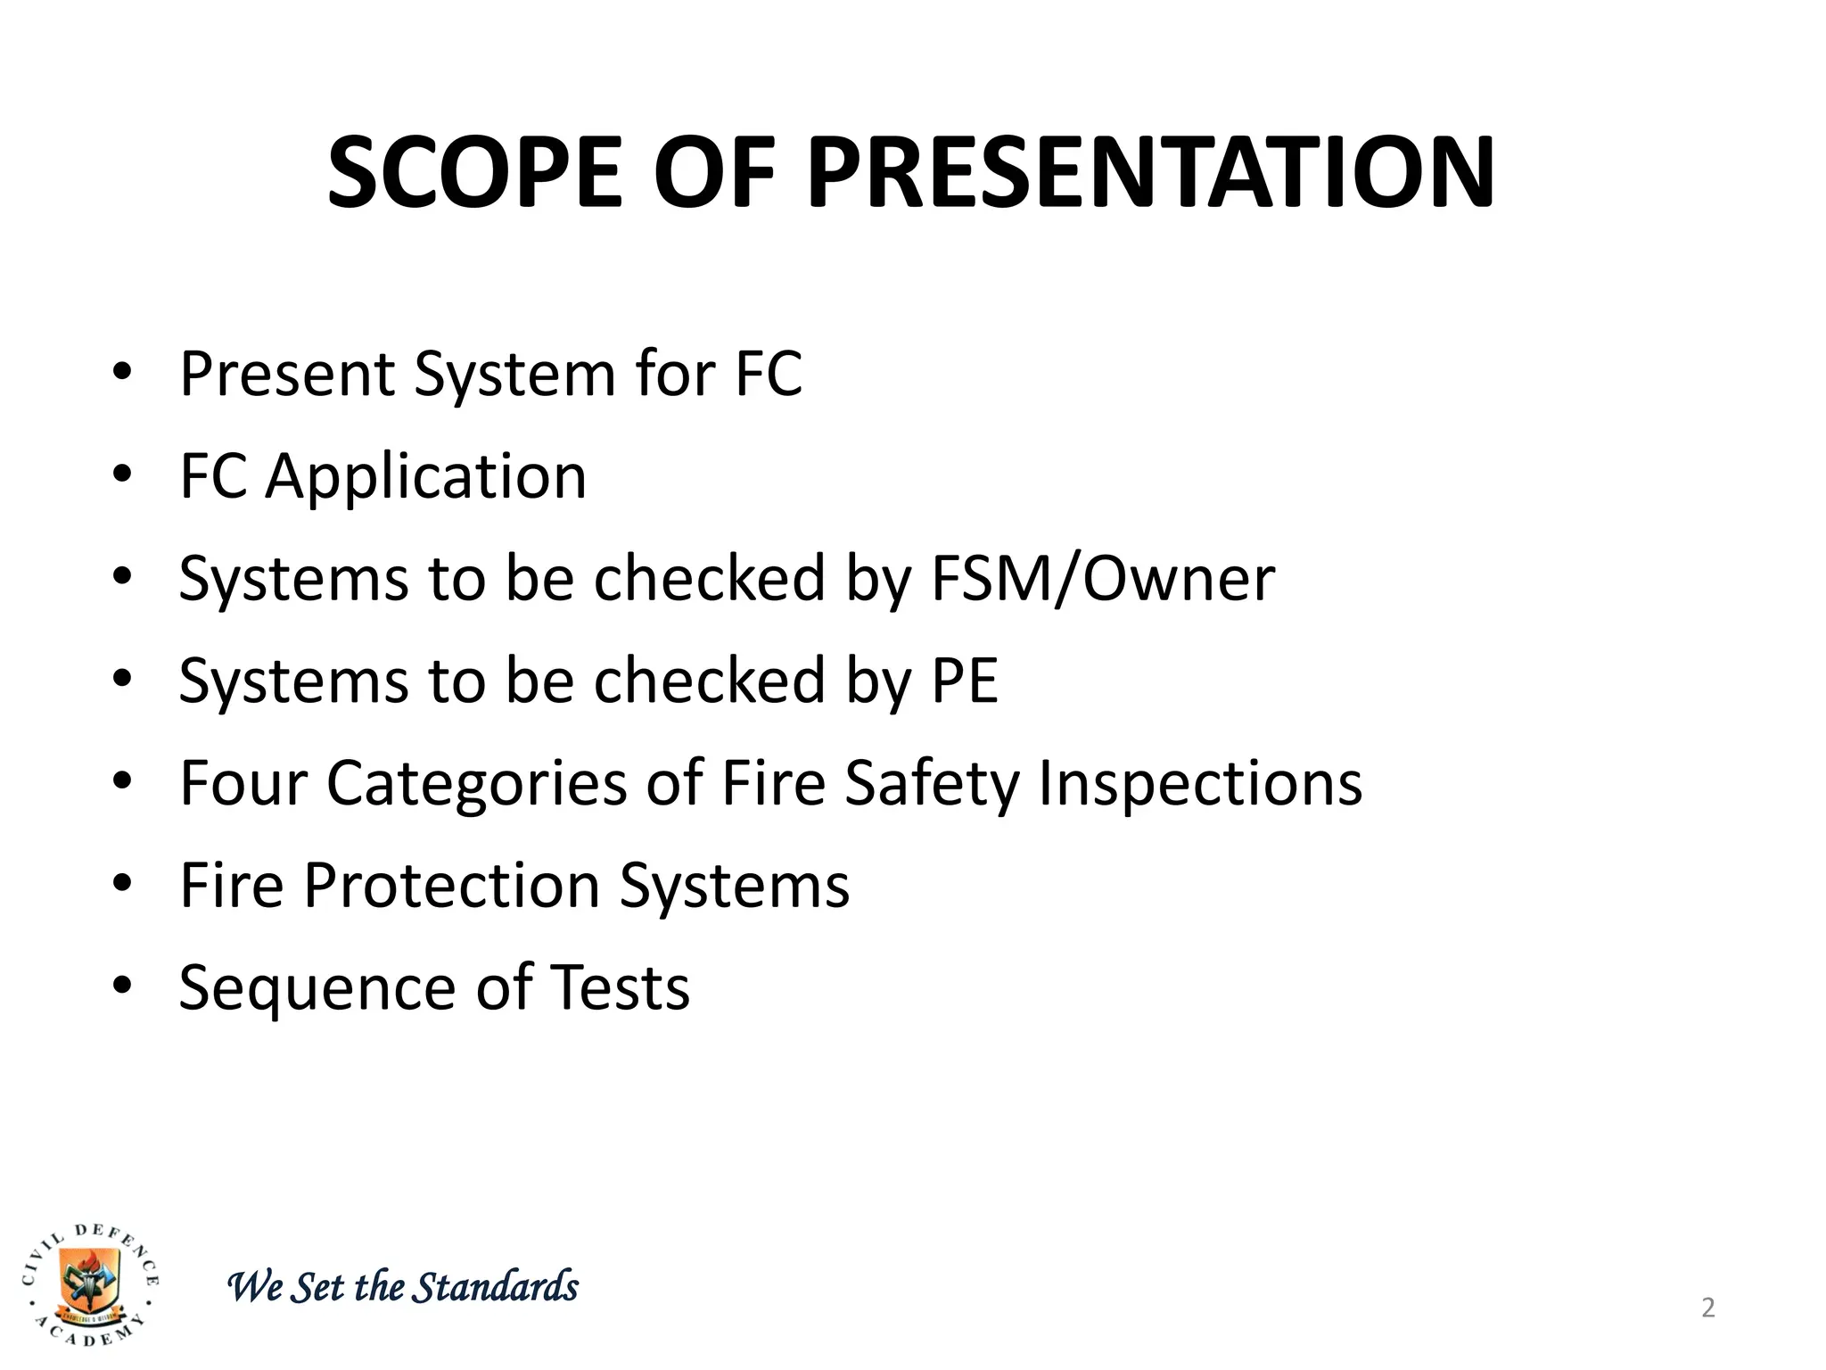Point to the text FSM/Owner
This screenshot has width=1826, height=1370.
1102,579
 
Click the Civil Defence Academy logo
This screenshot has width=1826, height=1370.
90,1283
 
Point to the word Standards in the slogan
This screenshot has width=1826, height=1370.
498,1287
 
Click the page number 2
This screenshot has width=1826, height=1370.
1707,1308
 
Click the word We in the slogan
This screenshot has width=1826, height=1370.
256,1287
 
